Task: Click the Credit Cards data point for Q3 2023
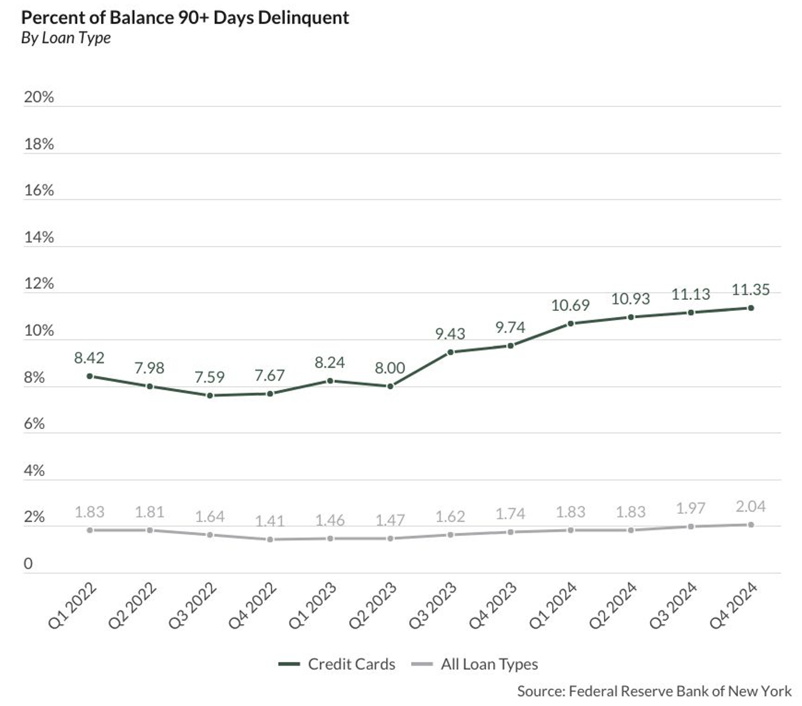tap(451, 352)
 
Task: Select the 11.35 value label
tap(751, 290)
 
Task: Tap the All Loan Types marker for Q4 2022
tap(270, 539)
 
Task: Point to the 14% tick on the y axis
tap(38, 237)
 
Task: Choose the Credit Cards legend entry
tap(337, 664)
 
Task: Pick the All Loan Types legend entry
tap(475, 664)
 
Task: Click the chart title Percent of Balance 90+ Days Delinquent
tap(185, 17)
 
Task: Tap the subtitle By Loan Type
tap(66, 38)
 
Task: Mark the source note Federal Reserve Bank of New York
tap(654, 691)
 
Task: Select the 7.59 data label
tap(209, 377)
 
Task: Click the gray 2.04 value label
tap(751, 507)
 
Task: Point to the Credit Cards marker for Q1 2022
tap(90, 376)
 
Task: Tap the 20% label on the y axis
tap(38, 97)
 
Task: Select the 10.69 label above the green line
tap(570, 305)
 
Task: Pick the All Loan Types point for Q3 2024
tap(691, 526)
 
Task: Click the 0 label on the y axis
tap(28, 563)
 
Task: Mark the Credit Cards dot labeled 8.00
tap(390, 386)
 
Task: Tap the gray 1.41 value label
tap(270, 521)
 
